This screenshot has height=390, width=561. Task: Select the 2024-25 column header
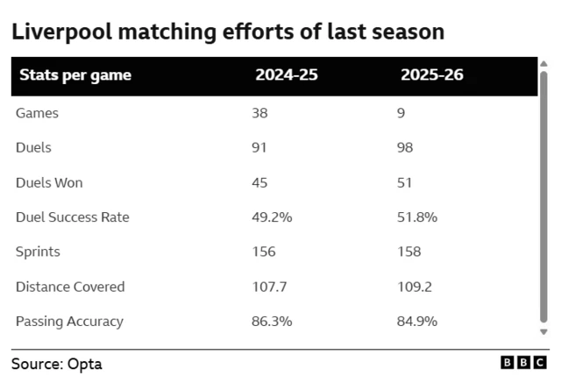(287, 75)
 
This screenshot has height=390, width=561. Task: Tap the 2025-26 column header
(432, 75)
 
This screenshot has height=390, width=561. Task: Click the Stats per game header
(75, 75)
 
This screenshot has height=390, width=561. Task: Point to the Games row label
(37, 113)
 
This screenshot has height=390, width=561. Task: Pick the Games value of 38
(259, 113)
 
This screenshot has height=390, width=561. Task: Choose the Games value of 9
(401, 113)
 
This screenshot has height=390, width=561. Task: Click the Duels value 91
(259, 148)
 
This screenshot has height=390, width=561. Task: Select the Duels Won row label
(49, 182)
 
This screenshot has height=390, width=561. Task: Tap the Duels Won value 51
(405, 182)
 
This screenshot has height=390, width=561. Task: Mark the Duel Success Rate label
(72, 217)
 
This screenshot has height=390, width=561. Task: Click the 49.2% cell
(271, 217)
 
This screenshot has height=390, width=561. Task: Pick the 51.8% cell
(417, 217)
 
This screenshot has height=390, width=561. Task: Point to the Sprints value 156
(263, 252)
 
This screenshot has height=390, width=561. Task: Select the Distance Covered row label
(70, 287)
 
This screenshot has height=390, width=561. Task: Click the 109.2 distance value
(415, 287)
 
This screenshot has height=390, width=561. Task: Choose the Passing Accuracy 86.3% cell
(272, 321)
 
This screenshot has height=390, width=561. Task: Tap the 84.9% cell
(417, 321)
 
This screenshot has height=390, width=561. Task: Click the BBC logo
(523, 362)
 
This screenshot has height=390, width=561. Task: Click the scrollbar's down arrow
(543, 332)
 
